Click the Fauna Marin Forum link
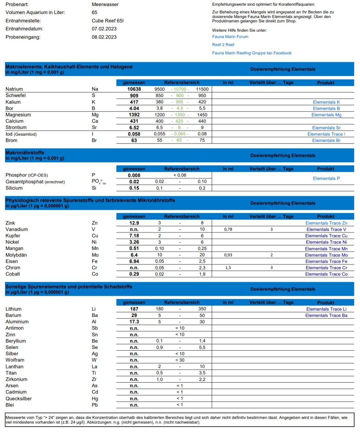230,37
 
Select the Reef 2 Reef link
223,45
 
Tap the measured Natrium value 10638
134,89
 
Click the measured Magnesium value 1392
134,115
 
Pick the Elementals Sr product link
326,128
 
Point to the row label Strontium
16,128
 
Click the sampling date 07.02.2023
104,29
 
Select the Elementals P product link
326,179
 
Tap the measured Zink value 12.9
134,223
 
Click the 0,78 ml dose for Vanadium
228,229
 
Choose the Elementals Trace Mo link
326,255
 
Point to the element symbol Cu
95,236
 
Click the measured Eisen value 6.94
134,261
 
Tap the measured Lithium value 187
134,309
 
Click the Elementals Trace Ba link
326,315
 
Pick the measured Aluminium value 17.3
134,322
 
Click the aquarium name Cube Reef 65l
107,21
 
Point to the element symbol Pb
95,405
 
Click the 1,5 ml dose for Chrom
228,268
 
